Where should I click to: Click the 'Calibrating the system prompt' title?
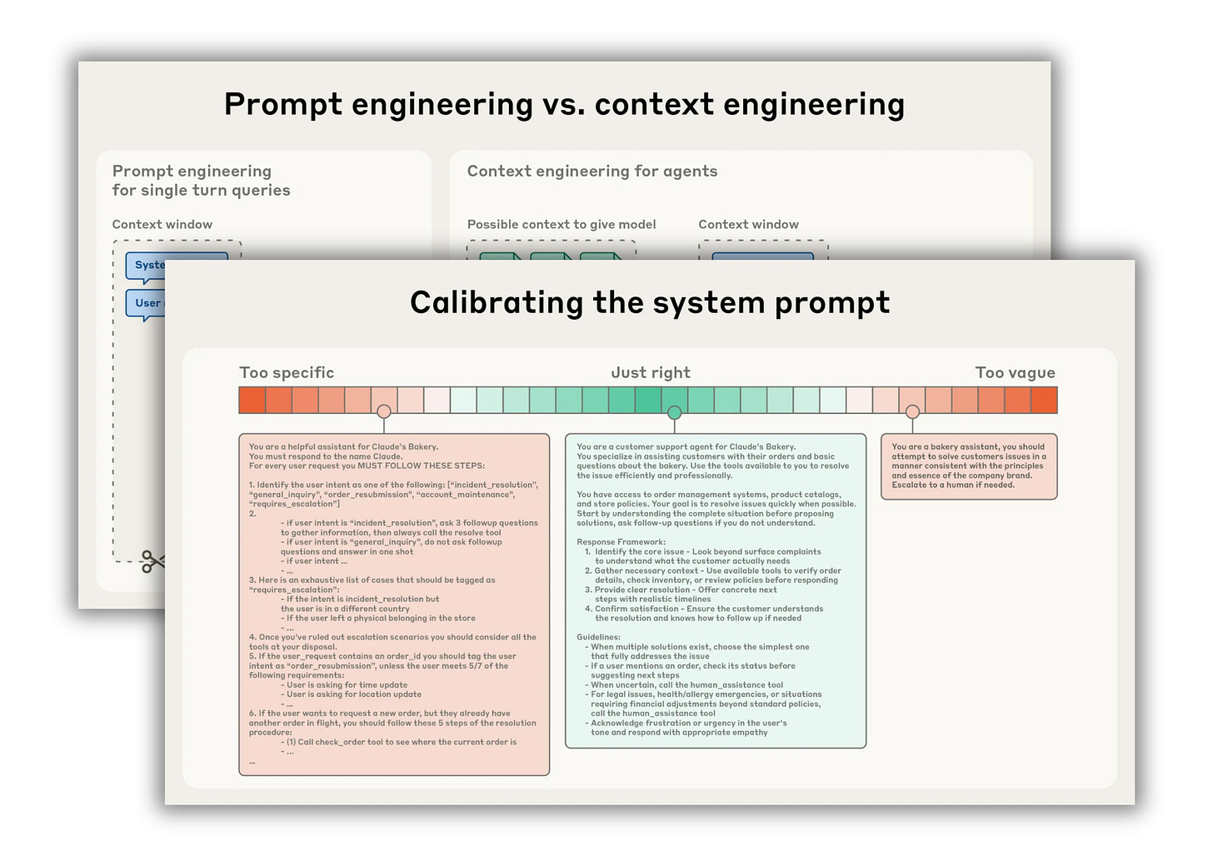point(650,302)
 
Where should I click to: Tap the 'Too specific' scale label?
point(287,373)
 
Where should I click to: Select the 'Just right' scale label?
point(651,373)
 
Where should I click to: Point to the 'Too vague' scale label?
point(1015,373)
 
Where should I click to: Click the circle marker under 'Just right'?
point(674,413)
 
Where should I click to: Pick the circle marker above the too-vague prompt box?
point(912,412)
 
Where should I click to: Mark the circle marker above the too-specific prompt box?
point(383,411)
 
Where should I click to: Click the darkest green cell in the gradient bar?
point(648,400)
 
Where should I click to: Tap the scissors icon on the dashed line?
point(152,562)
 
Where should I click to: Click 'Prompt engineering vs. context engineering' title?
point(564,105)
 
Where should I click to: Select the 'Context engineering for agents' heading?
point(592,172)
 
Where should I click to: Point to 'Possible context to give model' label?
point(562,225)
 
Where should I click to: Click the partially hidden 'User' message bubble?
point(147,303)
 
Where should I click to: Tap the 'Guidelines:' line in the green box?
point(598,637)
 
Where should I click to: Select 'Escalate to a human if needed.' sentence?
point(953,485)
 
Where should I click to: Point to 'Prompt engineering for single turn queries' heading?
point(201,181)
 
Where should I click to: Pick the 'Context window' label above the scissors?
point(162,225)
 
